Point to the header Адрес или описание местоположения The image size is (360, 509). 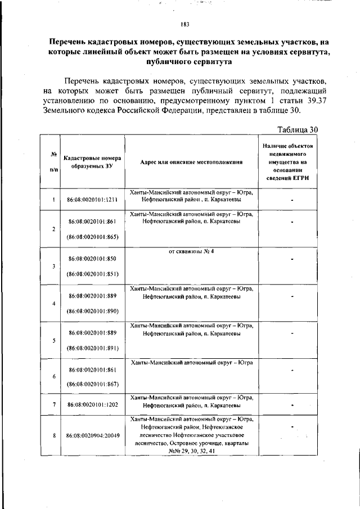coord(191,162)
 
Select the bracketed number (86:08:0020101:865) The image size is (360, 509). coord(92,237)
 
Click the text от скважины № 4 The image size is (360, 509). coord(191,251)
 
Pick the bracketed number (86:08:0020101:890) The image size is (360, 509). coord(92,310)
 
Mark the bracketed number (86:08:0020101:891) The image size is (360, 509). coord(92,348)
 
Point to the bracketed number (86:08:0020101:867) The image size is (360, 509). coord(92,384)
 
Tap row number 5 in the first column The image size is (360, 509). coord(53,340)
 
